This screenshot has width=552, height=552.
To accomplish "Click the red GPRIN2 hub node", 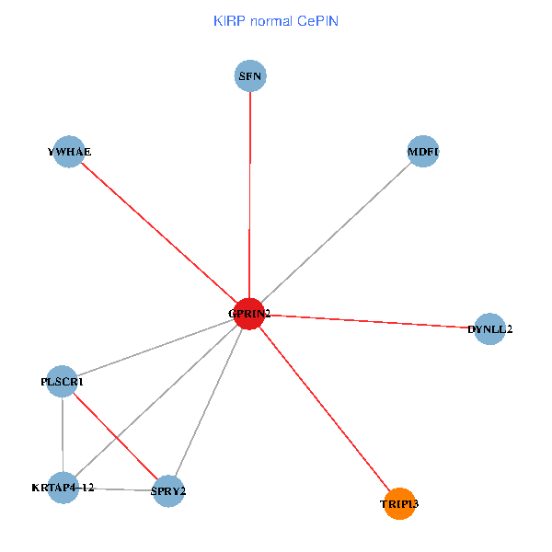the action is tap(249, 314).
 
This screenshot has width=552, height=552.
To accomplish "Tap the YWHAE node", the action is tap(69, 152).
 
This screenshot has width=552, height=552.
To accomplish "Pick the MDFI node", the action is tap(423, 151).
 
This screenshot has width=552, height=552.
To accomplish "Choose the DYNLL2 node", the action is tap(489, 328).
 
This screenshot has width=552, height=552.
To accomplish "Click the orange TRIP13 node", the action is tap(399, 503).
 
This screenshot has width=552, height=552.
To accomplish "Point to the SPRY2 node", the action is tap(168, 490).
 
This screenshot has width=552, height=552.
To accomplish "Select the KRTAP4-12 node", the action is tap(63, 488).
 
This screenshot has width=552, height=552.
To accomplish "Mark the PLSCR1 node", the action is tap(63, 381).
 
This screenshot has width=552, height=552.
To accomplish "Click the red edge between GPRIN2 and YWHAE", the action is tap(159, 233).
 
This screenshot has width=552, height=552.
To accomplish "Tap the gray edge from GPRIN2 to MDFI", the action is tap(337, 232).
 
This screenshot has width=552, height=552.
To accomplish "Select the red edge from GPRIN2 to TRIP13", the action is tap(324, 408).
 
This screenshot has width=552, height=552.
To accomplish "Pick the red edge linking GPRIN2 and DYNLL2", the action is tap(368, 321).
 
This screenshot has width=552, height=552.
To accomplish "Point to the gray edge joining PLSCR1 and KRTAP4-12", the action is tap(63, 434).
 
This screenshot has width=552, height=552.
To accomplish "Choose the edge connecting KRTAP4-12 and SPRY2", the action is tap(115, 489).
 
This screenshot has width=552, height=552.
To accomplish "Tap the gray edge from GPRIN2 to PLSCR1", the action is tap(156, 348).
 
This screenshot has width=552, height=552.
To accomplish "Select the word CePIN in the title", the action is tap(317, 20).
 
